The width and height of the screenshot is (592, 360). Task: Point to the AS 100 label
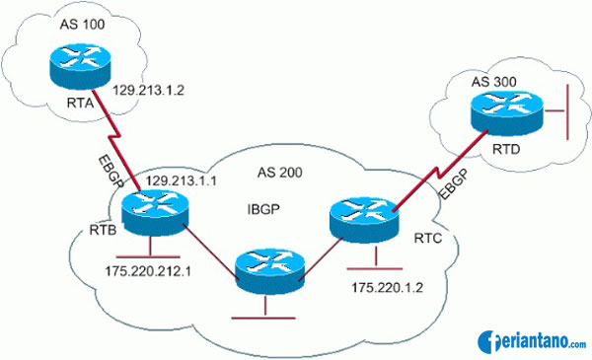(51, 20)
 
